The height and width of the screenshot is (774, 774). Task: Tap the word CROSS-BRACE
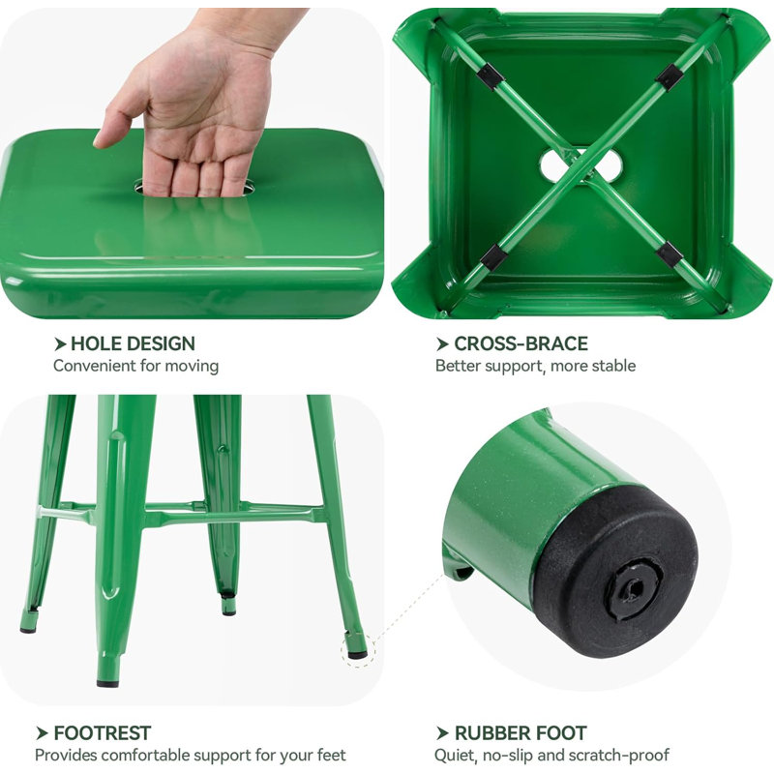tap(521, 343)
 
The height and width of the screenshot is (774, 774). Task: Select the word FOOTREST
tap(103, 733)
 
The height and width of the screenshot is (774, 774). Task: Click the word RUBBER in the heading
tap(491, 733)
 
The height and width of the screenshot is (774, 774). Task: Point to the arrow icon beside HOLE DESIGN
tap(60, 344)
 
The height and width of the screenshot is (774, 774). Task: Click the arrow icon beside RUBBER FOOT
tap(442, 733)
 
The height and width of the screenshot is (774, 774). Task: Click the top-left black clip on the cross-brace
tap(491, 76)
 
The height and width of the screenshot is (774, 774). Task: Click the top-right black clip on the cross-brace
tap(670, 77)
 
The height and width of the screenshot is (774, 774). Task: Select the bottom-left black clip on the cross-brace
tap(492, 256)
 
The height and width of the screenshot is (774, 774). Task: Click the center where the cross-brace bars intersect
tap(581, 165)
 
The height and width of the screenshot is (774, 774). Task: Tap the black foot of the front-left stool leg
tap(107, 684)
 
